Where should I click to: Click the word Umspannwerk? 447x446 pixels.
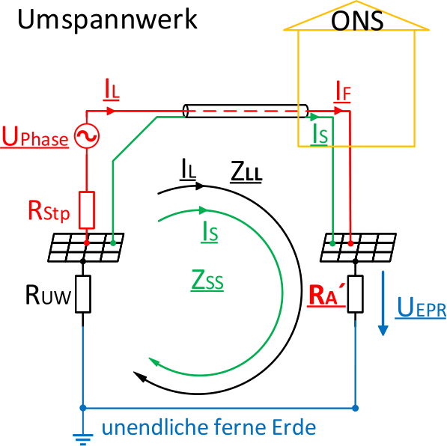[x=106, y=20]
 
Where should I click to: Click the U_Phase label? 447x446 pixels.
[x=35, y=138]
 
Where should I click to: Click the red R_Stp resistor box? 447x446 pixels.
[x=87, y=210]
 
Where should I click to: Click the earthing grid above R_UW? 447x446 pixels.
[x=86, y=248]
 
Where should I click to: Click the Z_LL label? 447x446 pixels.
[x=246, y=173]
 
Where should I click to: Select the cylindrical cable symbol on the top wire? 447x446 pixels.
[x=246, y=111]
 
